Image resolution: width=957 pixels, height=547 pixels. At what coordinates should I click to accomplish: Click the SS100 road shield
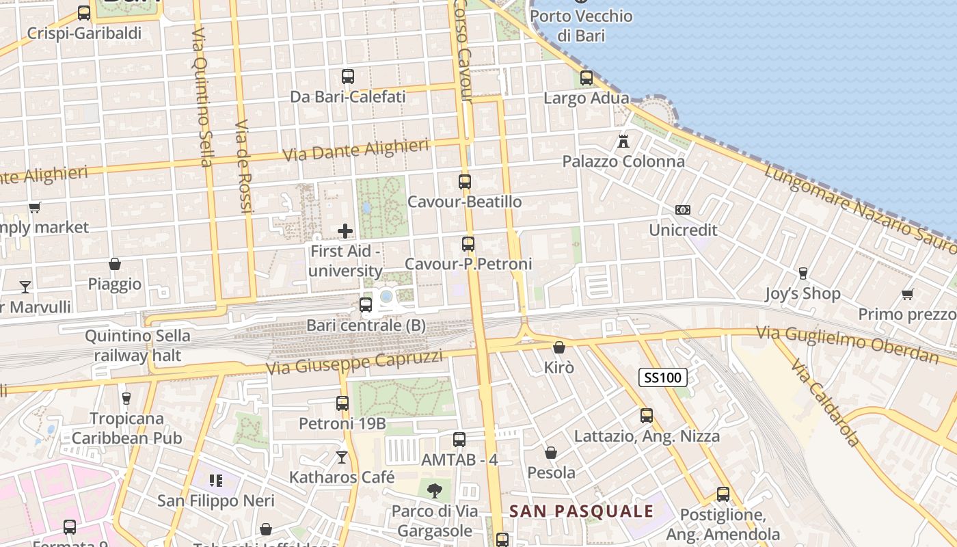[x=663, y=377]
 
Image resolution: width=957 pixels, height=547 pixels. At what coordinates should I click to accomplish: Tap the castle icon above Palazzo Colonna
[x=623, y=142]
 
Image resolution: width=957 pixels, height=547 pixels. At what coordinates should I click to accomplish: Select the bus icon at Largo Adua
[x=587, y=78]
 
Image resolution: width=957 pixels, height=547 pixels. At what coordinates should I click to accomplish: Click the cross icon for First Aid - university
[x=345, y=231]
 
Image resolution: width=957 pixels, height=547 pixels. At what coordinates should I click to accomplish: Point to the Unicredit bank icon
[x=682, y=210]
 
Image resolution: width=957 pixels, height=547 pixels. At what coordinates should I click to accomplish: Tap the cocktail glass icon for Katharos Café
[x=342, y=457]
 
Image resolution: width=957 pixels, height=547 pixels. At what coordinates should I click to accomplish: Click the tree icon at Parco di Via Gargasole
[x=434, y=490]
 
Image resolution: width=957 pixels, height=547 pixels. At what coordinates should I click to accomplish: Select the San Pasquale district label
[x=582, y=511]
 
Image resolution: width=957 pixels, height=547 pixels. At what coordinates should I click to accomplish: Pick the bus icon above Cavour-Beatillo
[x=465, y=182]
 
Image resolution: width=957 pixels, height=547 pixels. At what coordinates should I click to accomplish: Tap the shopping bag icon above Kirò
[x=559, y=347]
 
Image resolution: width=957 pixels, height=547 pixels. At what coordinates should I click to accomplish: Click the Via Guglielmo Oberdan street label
[x=847, y=344]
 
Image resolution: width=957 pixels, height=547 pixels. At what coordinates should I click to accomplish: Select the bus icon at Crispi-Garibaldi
[x=84, y=13]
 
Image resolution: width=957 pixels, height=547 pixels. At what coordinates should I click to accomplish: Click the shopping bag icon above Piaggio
[x=115, y=264]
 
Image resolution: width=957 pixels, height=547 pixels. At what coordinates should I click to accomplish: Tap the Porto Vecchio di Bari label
[x=582, y=25]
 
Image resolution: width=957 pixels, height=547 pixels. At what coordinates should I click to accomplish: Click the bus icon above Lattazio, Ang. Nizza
[x=647, y=416]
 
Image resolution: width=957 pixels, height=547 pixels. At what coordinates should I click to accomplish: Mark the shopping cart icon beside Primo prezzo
[x=907, y=295]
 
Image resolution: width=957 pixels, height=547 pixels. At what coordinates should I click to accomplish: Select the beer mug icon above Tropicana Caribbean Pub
[x=126, y=398]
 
